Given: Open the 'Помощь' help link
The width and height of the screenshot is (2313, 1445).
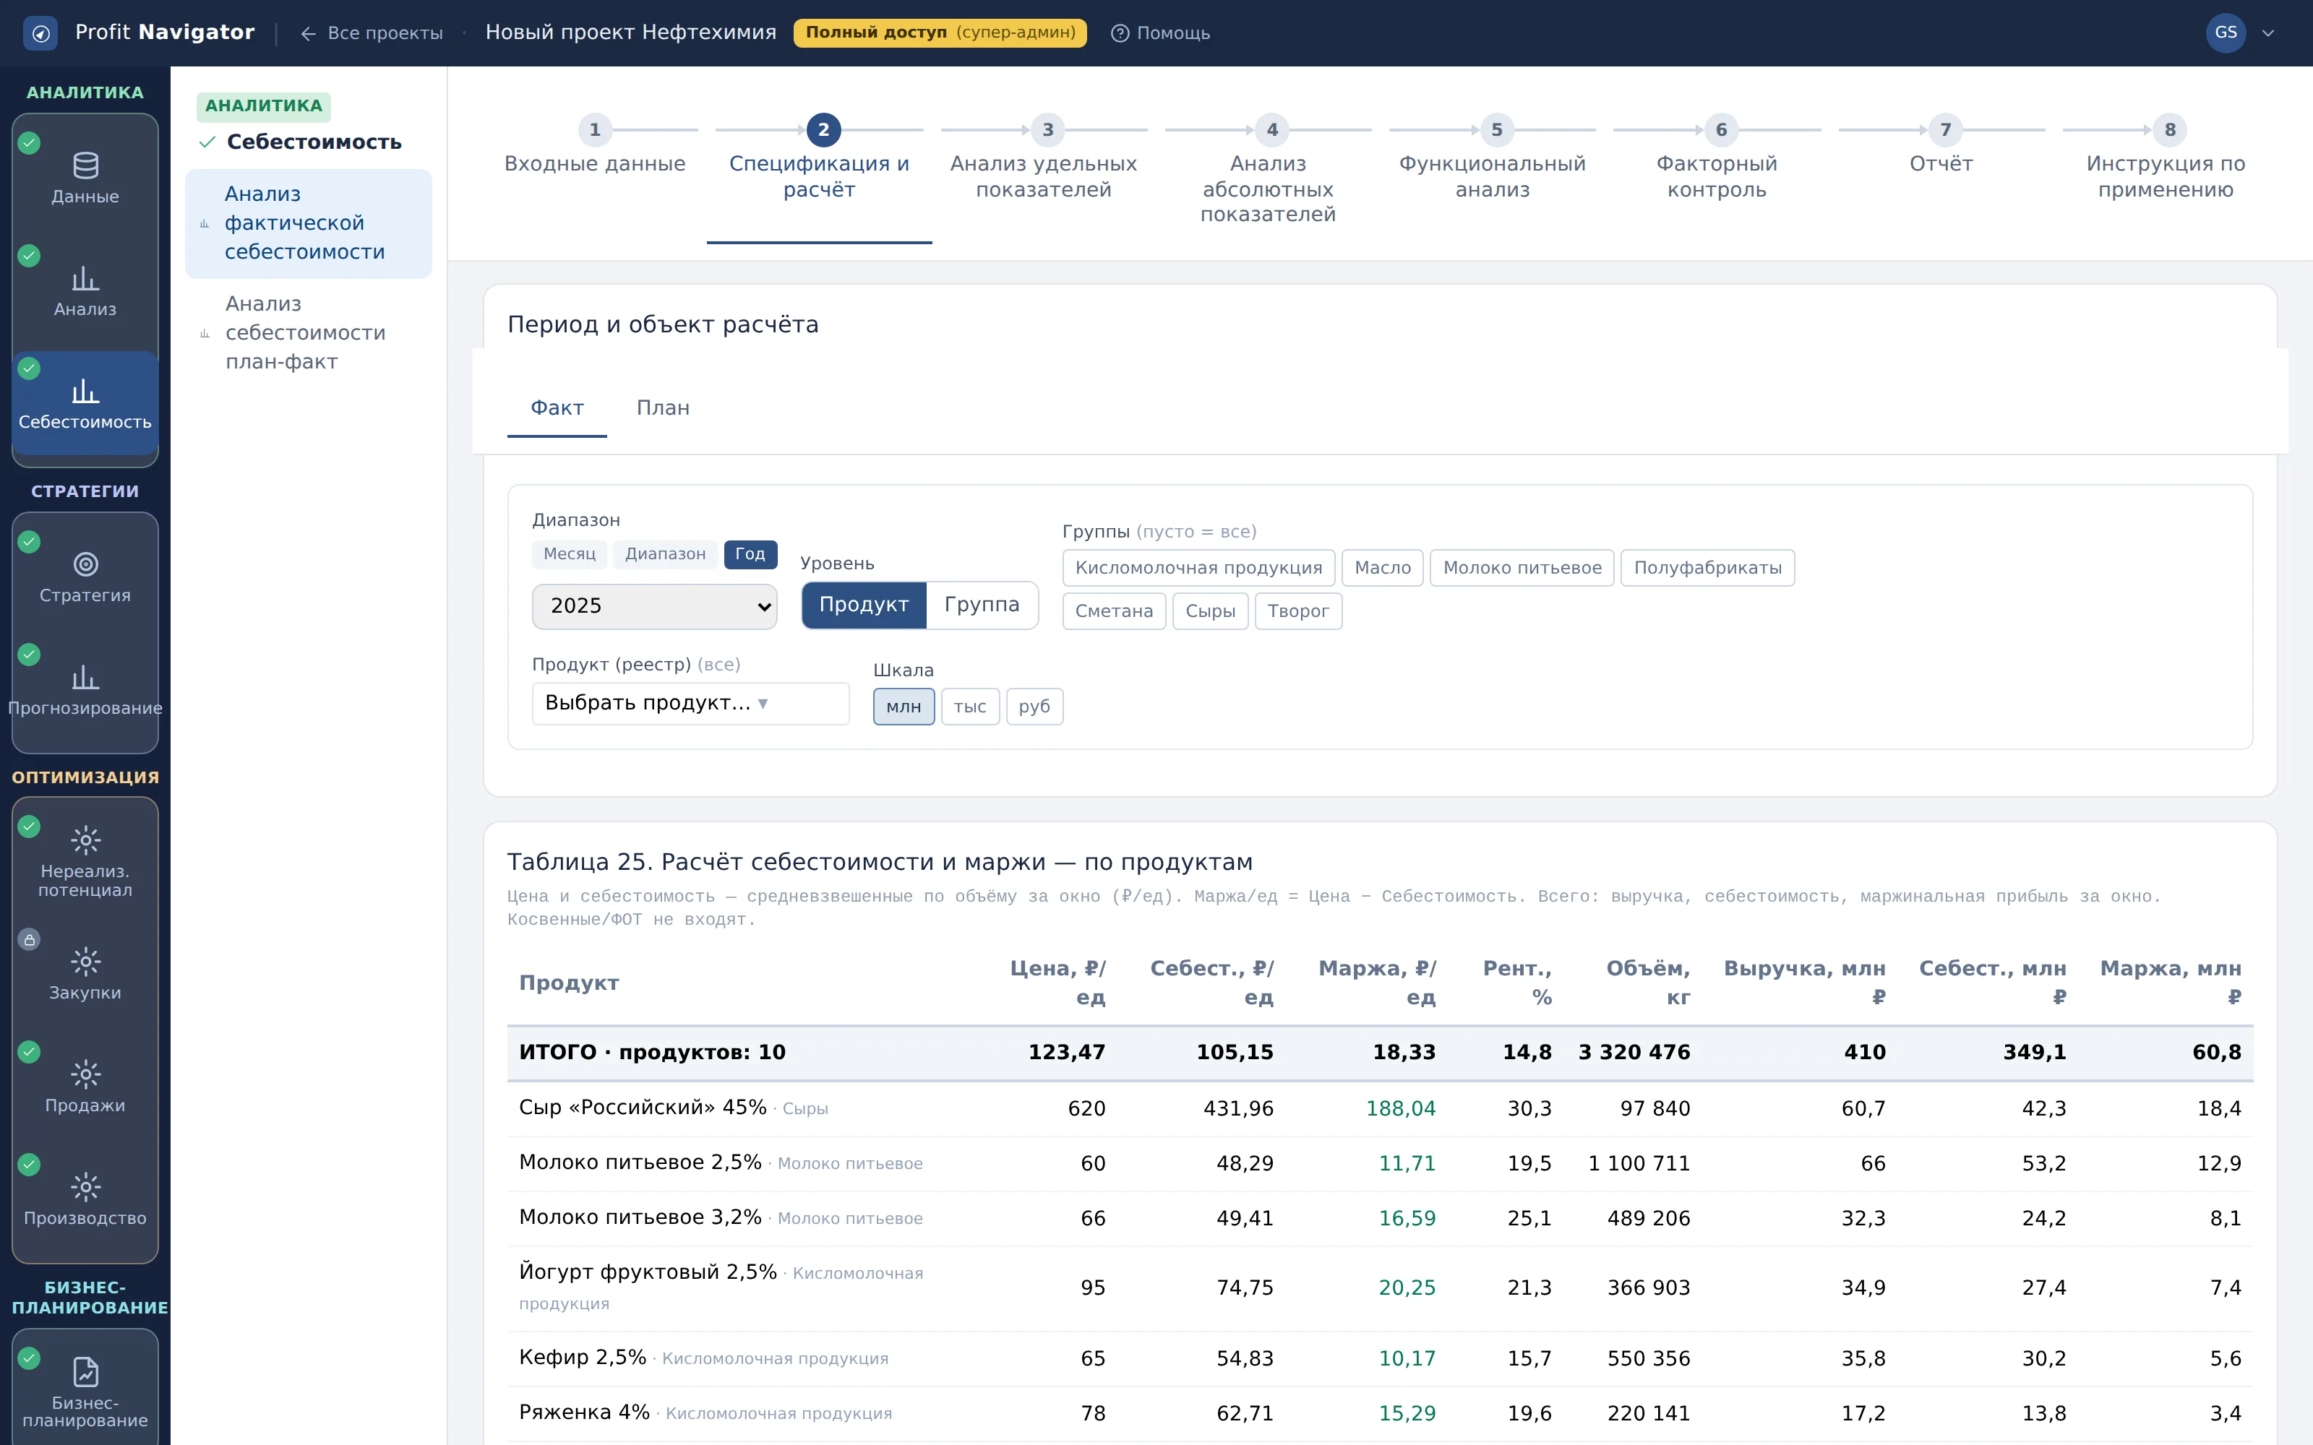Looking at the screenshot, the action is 1160,33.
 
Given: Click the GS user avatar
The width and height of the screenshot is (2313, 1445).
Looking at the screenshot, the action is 2225,33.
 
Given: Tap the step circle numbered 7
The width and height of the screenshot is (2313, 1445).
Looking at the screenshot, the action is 1945,129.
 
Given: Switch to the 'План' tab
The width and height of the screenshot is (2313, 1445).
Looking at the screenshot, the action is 662,408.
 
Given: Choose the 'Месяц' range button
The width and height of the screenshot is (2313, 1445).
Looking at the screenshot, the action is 569,554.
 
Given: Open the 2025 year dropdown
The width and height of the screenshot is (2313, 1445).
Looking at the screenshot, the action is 653,606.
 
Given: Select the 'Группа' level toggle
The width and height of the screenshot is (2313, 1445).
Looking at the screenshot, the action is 982,605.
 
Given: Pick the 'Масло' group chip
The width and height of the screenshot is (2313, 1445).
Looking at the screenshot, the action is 1382,568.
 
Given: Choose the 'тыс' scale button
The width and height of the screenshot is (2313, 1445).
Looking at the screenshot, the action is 970,707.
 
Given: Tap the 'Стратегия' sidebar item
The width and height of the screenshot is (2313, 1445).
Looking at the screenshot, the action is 85,577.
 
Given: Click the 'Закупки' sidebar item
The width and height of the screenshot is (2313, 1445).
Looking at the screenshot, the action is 85,974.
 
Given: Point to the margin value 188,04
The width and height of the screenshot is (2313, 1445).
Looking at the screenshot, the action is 1400,1108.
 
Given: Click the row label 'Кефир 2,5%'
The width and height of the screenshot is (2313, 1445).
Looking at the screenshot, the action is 582,1358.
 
